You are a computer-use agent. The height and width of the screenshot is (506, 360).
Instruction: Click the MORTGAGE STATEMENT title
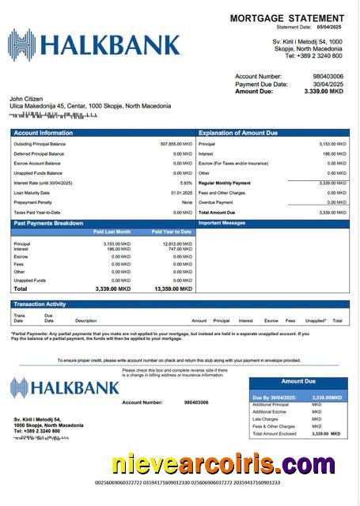(287, 17)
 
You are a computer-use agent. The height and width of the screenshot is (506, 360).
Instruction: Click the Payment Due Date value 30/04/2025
(328, 84)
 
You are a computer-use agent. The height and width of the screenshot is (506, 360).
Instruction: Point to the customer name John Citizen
(28, 99)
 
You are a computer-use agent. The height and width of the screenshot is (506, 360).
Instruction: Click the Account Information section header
(43, 133)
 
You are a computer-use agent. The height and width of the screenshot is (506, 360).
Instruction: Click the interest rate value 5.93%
(186, 183)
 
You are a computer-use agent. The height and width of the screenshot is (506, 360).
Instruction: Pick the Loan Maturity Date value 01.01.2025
(181, 193)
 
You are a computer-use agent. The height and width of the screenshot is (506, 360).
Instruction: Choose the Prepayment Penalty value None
(187, 202)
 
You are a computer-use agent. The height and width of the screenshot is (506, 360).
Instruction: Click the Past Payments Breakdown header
(47, 223)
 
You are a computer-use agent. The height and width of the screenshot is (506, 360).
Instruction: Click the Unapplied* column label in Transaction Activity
(316, 321)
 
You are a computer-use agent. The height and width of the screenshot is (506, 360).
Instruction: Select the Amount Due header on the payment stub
(298, 381)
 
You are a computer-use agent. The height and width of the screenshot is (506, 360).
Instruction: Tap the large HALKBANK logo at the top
(94, 43)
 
